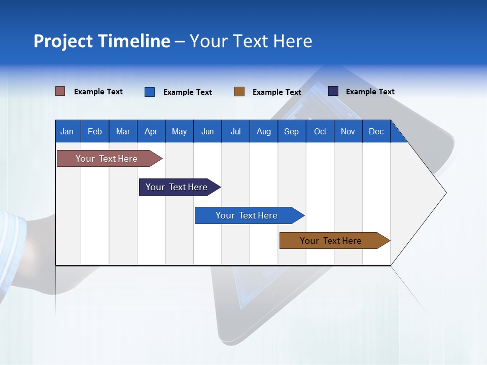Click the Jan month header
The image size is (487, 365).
[67, 131]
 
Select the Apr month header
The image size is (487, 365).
[151, 131]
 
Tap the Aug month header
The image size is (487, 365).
[263, 131]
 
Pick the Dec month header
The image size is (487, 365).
[376, 131]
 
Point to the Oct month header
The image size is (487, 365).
[320, 131]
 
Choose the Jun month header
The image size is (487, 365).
[207, 131]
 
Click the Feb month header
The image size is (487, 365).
[94, 131]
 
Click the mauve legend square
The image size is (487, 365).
[60, 91]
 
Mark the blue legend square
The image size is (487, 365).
[150, 92]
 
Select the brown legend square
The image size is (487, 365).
[239, 92]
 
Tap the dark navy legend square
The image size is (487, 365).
[333, 91]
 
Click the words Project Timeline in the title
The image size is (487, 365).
[101, 41]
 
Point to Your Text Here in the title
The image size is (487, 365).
[251, 41]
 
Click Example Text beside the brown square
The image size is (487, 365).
[276, 92]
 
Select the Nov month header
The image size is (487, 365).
[347, 131]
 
